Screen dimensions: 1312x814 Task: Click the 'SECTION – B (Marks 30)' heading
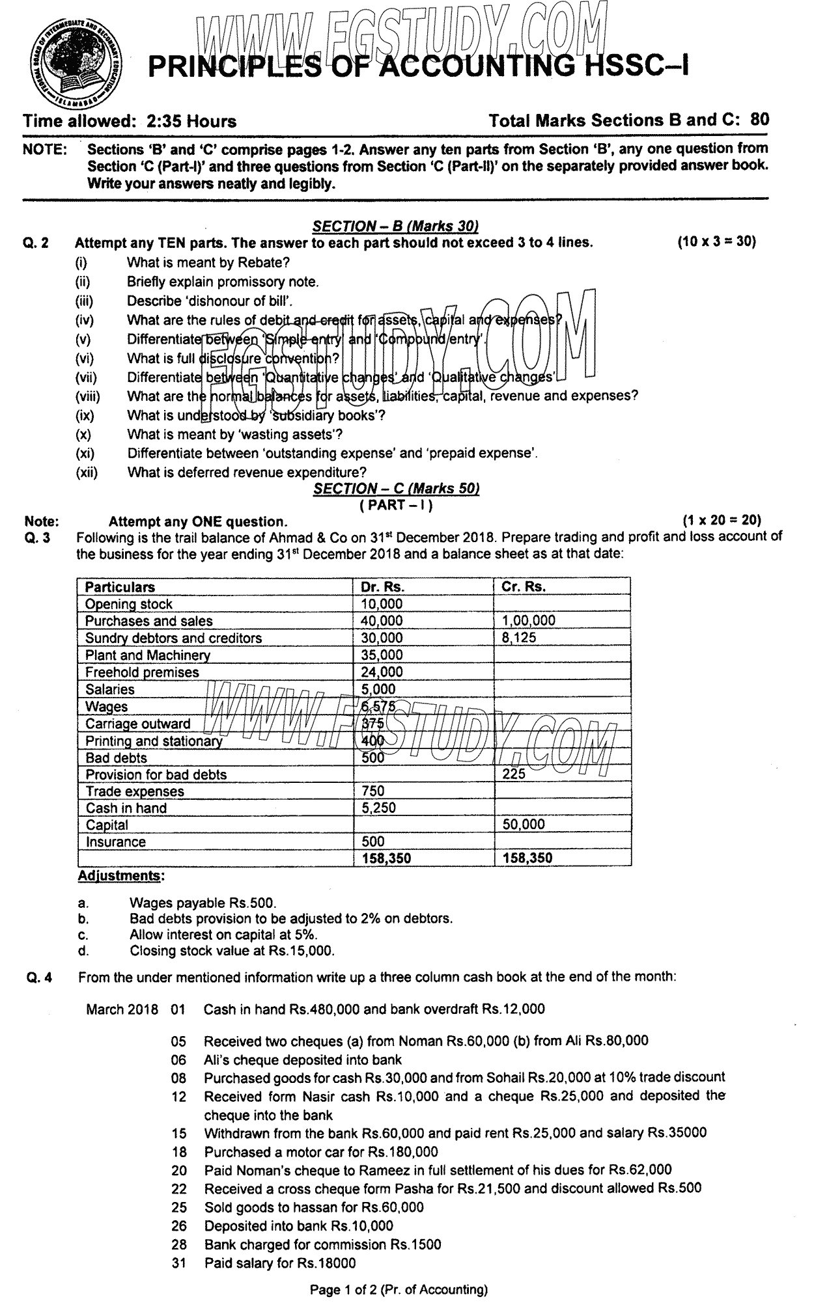pos(396,226)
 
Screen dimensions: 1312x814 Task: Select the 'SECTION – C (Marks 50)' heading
pos(396,489)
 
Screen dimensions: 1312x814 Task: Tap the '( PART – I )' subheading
pos(396,504)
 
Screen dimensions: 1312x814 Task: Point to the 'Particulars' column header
pos(120,586)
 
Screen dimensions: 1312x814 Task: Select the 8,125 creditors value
pos(519,638)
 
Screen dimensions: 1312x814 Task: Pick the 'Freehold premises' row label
pos(142,672)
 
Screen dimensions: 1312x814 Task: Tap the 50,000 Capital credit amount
pos(524,825)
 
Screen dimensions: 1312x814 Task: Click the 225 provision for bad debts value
pos(514,774)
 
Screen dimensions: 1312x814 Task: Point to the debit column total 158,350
pos(386,858)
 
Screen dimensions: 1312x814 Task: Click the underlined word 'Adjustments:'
pos(121,876)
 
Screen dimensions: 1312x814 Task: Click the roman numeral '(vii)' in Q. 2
pos(86,377)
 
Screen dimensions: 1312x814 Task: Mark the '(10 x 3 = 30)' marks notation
pos(716,242)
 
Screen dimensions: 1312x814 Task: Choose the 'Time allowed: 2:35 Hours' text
pos(130,121)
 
